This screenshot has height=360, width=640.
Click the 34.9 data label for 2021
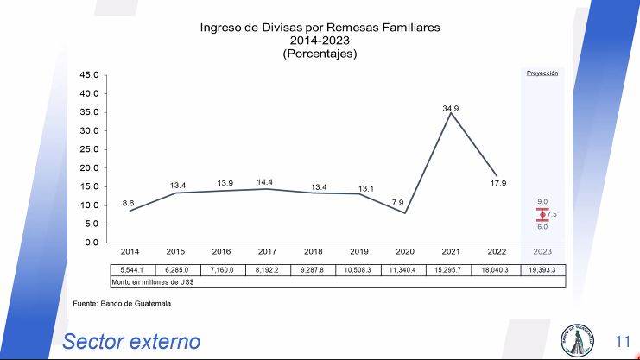pyautogui.click(x=450, y=109)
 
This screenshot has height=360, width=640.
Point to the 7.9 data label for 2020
pyautogui.click(x=397, y=202)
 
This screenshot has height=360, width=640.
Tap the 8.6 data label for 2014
pyautogui.click(x=128, y=203)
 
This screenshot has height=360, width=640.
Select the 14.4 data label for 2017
pyautogui.click(x=265, y=181)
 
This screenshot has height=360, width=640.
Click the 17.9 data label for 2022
pyautogui.click(x=497, y=183)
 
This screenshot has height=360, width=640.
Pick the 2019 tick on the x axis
pyautogui.click(x=359, y=251)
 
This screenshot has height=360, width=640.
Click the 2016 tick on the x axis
pyautogui.click(x=221, y=251)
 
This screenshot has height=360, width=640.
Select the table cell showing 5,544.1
pyautogui.click(x=129, y=269)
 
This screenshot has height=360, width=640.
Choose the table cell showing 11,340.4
pyautogui.click(x=405, y=269)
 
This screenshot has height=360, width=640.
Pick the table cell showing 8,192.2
pyautogui.click(x=267, y=269)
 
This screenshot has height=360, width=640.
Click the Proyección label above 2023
pyautogui.click(x=542, y=73)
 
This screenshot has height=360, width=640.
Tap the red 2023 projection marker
pyautogui.click(x=542, y=214)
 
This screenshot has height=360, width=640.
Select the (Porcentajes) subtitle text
pyautogui.click(x=320, y=54)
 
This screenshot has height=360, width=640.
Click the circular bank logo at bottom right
pyautogui.click(x=578, y=340)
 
